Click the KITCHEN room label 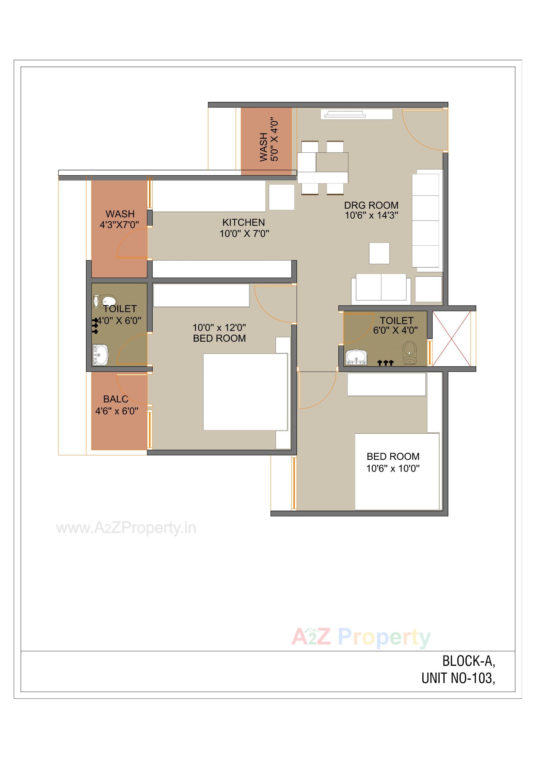pyautogui.click(x=244, y=222)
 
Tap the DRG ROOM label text pyautogui.click(x=371, y=205)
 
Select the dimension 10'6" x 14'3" pyautogui.click(x=371, y=216)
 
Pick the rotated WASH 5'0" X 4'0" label pyautogui.click(x=269, y=141)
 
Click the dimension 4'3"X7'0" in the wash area pyautogui.click(x=119, y=225)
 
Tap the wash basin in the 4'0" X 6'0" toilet pyautogui.click(x=100, y=355)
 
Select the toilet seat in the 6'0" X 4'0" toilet pyautogui.click(x=410, y=353)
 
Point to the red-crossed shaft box pyautogui.click(x=451, y=338)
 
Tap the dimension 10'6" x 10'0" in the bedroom pyautogui.click(x=393, y=468)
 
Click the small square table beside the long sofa pyautogui.click(x=379, y=253)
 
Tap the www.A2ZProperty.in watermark pyautogui.click(x=126, y=528)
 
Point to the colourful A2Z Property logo pyautogui.click(x=361, y=637)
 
